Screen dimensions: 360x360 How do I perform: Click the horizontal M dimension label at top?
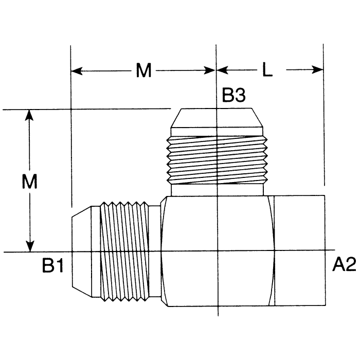pos(143,71)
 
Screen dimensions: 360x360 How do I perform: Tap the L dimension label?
pos(267,71)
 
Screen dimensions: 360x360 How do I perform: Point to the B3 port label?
pos(234,96)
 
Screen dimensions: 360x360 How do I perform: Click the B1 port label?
pos(52,265)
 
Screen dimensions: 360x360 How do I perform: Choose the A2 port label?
pos(344,265)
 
